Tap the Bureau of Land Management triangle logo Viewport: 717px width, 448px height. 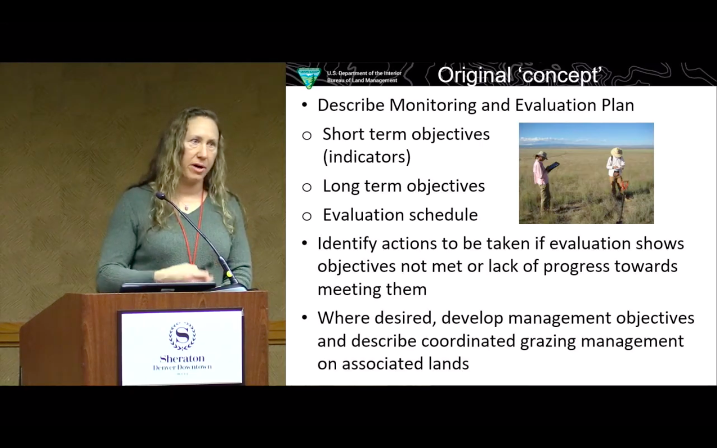pos(309,78)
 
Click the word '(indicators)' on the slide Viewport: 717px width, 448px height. pos(366,157)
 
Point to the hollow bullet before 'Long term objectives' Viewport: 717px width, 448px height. pos(307,187)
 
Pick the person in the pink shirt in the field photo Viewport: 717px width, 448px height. pos(541,177)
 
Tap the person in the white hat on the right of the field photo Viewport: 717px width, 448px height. pos(616,172)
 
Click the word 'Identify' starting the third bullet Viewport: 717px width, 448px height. pos(347,244)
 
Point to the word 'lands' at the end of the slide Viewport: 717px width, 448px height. pos(446,364)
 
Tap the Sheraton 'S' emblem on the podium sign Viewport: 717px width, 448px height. pos(182,336)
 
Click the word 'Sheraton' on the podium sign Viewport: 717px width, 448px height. pos(182,358)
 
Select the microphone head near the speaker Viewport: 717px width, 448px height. pos(160,196)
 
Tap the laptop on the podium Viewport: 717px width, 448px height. pos(167,287)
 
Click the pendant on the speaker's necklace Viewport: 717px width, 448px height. pos(186,206)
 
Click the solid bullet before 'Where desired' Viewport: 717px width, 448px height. pos(305,318)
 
